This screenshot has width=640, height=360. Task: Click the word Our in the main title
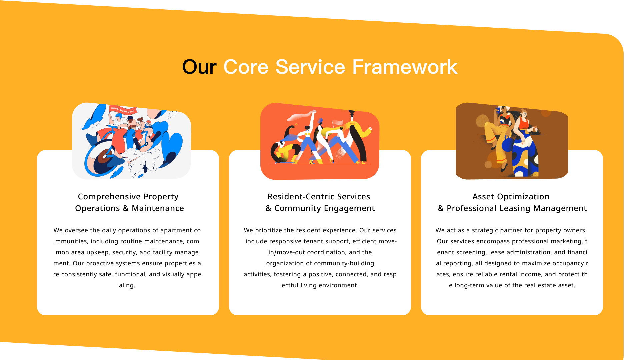pos(199,67)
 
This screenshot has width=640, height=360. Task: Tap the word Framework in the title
pos(405,67)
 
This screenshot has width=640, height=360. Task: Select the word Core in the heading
pos(246,67)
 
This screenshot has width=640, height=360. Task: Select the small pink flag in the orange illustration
pos(337,123)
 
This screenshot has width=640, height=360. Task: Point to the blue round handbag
pos(508,145)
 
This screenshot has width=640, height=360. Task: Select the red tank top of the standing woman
pos(524,124)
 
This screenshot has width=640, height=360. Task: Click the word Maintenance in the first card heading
pos(158,208)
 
